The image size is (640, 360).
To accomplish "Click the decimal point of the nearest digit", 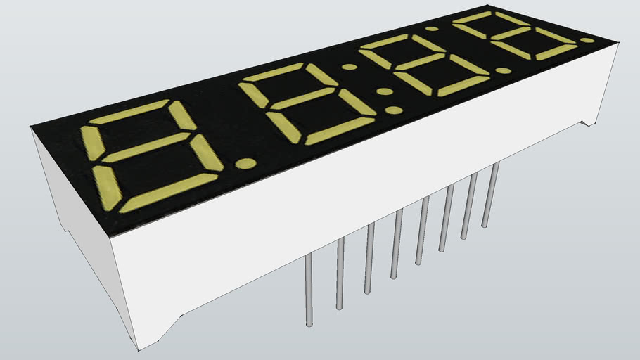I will pos(246,164).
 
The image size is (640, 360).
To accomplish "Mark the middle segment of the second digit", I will pos(302,98).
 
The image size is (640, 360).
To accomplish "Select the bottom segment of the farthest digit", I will pos(555,52).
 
